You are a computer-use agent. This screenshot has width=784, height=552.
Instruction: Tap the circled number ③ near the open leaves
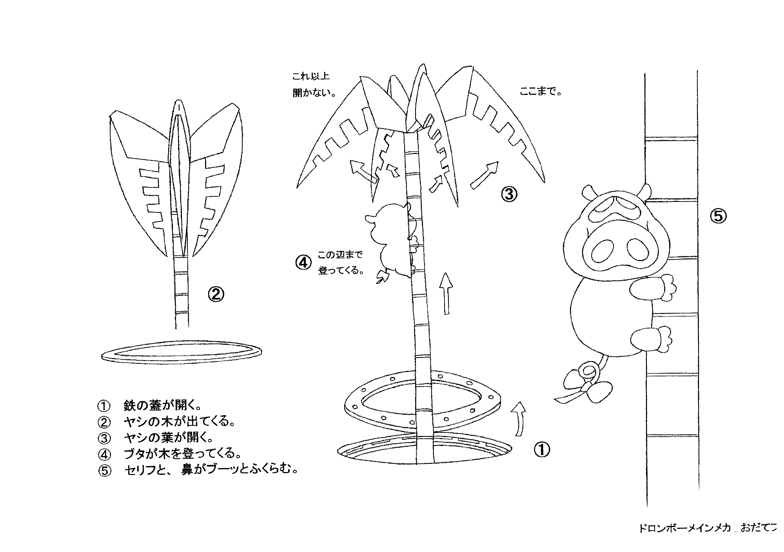[x=509, y=194]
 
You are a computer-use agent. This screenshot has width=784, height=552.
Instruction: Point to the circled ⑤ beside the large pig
[x=719, y=216]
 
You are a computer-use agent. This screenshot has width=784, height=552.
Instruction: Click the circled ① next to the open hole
[x=542, y=449]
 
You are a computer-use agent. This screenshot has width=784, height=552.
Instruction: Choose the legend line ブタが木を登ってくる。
[x=182, y=454]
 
